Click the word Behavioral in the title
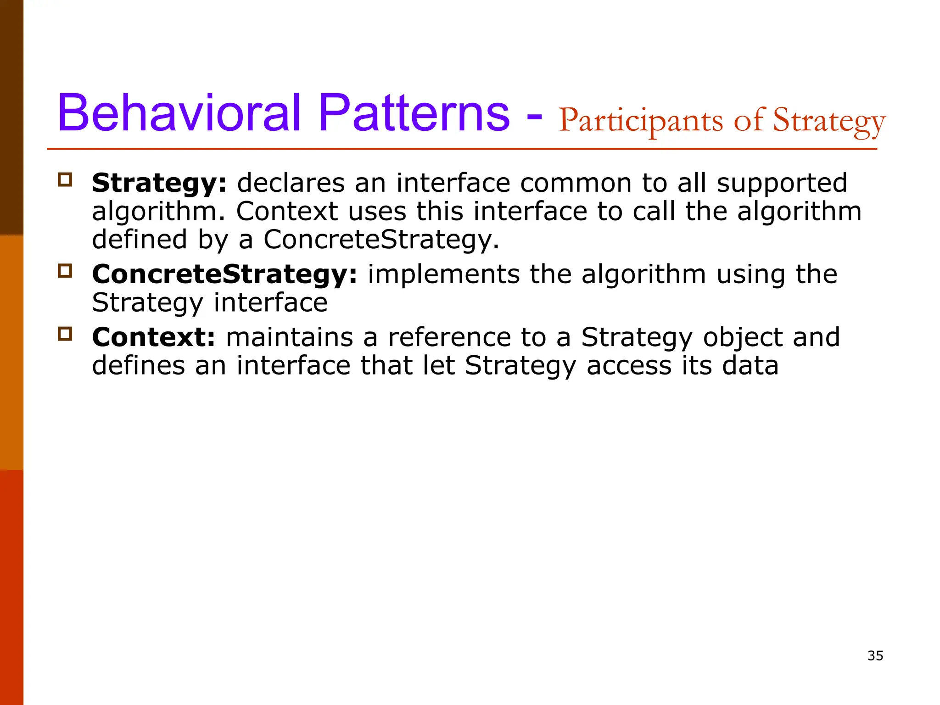tap(179, 113)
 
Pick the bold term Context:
tap(153, 337)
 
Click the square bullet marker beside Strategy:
tap(65, 179)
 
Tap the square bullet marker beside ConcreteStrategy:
tap(65, 271)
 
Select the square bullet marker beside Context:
tap(65, 334)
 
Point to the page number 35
tap(875, 655)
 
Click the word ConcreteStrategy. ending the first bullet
tap(381, 240)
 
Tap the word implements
tap(443, 274)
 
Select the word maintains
tap(289, 337)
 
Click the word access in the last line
tap(629, 366)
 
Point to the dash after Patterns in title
tap(534, 117)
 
